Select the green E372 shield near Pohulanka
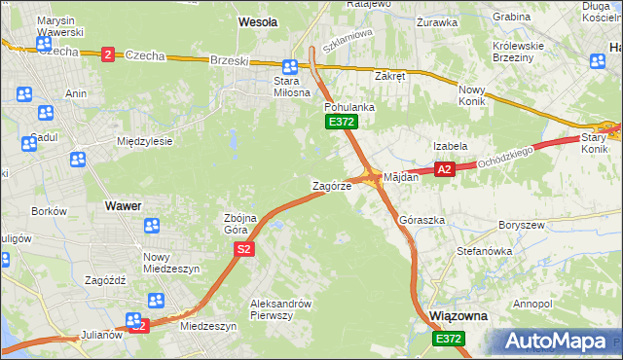point(342,122)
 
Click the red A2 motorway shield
point(445,169)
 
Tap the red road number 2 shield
point(107,54)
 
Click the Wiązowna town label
point(458,316)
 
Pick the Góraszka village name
point(422,220)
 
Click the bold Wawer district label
point(123,206)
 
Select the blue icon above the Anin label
point(25,94)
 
